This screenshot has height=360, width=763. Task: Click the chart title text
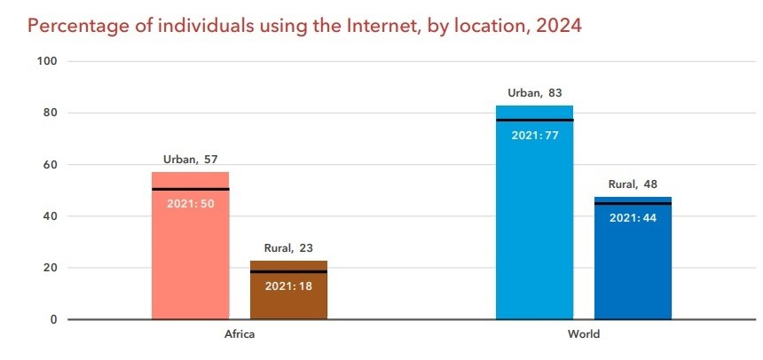point(304,25)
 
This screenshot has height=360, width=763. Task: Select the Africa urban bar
point(190,257)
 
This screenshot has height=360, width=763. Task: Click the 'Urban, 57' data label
point(190,160)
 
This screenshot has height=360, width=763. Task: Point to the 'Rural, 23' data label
point(288,248)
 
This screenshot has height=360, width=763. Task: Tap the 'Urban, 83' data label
point(534,93)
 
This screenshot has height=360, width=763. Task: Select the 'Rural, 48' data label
point(633,184)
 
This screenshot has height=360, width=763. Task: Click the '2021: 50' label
point(190,203)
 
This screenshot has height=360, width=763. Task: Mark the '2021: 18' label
point(288,286)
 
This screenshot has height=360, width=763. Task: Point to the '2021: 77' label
point(534,135)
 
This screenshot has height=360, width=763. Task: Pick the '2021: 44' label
point(633,218)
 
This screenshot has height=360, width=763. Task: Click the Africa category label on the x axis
point(240,334)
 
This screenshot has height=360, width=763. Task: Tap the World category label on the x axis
point(584,334)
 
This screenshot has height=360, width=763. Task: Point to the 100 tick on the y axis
point(47,61)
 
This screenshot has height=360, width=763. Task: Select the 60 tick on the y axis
point(50,165)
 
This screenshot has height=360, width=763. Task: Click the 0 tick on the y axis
point(53,319)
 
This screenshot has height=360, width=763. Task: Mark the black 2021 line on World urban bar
point(534,120)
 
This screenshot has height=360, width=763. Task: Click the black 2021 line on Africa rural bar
point(288,271)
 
